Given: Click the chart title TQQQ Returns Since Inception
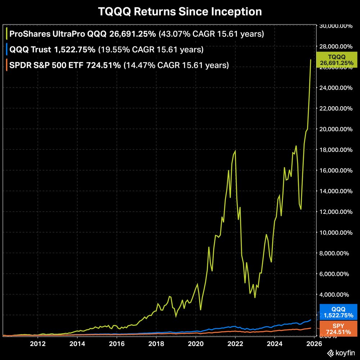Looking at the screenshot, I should (180, 12).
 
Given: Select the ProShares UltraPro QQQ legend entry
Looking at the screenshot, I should (83, 35).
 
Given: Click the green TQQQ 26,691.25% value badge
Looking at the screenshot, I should (337, 60).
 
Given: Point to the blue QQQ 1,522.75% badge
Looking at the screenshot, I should (338, 312).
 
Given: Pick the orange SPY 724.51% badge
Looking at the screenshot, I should (338, 329).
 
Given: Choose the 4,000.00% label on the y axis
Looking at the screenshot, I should (335, 294).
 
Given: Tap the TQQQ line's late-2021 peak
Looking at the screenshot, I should (235, 150).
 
